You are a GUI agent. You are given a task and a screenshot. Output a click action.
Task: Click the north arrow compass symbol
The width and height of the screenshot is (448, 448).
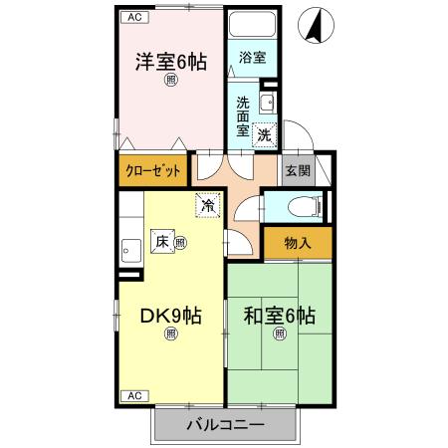pos(316,26)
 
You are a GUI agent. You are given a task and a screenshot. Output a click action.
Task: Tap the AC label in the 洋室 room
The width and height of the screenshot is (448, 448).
pos(134,17)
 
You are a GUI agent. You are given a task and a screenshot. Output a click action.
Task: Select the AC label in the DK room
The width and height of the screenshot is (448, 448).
pos(134,396)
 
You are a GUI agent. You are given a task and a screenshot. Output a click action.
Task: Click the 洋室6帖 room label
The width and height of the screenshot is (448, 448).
pos(171,62)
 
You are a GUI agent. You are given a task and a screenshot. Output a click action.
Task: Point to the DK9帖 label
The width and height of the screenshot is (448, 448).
pos(171,316)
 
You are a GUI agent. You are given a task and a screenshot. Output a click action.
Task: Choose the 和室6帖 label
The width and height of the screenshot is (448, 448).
pos(280,316)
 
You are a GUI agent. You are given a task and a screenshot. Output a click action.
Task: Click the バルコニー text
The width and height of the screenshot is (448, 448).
pos(226,425)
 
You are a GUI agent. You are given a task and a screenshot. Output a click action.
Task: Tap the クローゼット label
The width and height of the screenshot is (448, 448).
pos(153,171)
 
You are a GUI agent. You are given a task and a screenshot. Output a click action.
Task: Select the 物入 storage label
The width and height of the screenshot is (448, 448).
pos(298,243)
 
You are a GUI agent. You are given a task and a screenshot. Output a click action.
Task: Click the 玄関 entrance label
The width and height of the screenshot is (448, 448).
pos(298,170)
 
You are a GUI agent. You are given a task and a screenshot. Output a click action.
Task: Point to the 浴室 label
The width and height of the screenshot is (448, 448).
pos(253,58)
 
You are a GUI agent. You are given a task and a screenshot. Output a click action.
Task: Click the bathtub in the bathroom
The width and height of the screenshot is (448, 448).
pos(253,24)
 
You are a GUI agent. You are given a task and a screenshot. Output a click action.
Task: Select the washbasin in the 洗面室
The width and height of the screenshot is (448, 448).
pos(268,104)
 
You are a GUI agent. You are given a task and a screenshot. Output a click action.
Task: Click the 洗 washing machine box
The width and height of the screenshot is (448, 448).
pos(264,135)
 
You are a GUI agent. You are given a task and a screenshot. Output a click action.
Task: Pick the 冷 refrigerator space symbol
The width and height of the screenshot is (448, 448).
pos(208,206)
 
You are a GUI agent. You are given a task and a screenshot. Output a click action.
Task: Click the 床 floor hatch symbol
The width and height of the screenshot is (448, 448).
pos(162,241)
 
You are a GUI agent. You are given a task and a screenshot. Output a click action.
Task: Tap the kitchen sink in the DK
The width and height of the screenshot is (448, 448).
pos(131,251)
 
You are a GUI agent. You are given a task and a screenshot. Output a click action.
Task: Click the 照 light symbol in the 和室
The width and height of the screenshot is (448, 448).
pos(280,333)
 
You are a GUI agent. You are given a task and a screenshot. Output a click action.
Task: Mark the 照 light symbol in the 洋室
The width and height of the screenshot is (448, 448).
pos(171,80)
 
